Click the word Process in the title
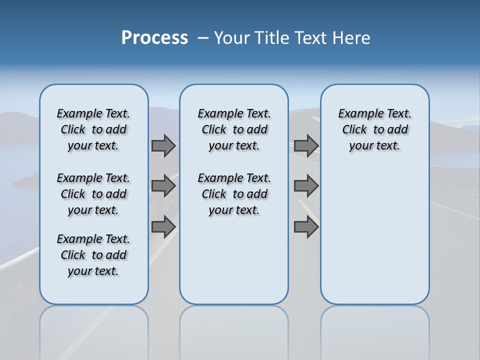[154, 38]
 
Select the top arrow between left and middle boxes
[163, 146]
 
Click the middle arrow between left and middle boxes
[163, 186]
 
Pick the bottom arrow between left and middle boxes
[163, 226]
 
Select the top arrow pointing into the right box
[306, 146]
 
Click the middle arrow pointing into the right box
[306, 186]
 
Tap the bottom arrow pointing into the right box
[306, 226]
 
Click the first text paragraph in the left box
[93, 129]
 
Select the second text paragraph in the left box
[93, 194]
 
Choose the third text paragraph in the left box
[93, 255]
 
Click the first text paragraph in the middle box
[234, 129]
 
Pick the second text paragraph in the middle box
[234, 194]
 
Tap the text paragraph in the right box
[375, 129]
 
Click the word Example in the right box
[358, 114]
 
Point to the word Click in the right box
[354, 130]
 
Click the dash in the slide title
[203, 38]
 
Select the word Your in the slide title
[231, 38]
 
